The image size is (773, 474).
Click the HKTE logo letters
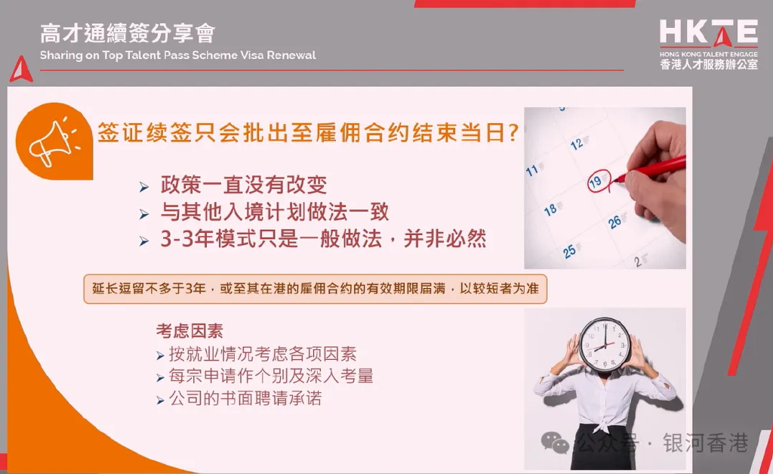(x=708, y=33)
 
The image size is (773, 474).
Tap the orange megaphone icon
(x=54, y=141)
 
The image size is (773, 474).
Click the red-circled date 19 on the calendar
(x=598, y=181)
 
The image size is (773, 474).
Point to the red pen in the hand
(x=650, y=169)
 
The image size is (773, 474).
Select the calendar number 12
(x=577, y=144)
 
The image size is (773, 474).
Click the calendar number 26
(x=614, y=222)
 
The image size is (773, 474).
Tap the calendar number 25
(x=569, y=251)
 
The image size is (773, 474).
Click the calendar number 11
(x=532, y=171)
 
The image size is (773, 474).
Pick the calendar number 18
(x=550, y=210)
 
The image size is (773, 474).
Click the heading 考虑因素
(x=189, y=331)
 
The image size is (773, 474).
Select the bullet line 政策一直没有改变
(x=244, y=184)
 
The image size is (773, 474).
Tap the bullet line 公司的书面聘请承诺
(x=245, y=398)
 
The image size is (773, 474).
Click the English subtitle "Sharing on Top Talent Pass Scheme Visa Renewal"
(x=178, y=54)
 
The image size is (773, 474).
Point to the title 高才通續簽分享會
(x=128, y=33)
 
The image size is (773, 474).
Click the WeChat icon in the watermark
(x=555, y=442)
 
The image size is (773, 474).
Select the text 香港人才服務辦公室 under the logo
(x=709, y=64)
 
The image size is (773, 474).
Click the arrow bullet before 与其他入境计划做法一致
(x=144, y=214)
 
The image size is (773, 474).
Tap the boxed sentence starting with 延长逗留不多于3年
(x=316, y=288)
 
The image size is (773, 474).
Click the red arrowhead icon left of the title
(x=21, y=70)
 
